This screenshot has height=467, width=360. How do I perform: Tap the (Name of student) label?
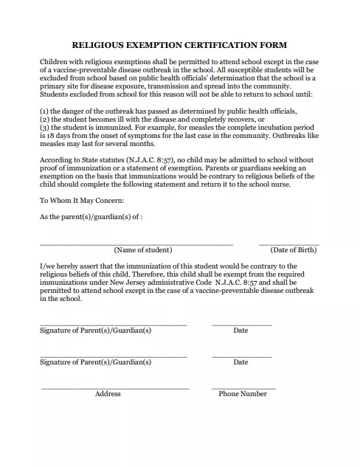pos(142,250)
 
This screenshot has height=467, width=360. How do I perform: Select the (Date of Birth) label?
pos(293,250)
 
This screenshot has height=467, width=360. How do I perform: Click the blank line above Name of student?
pos(136,244)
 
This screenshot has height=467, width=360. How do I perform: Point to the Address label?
pos(108,394)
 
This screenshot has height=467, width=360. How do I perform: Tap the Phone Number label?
pos(243,394)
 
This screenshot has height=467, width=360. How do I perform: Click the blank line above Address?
pos(114,388)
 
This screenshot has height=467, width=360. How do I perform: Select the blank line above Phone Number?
pos(243,388)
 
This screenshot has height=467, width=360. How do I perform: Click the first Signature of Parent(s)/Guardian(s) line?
pos(113,325)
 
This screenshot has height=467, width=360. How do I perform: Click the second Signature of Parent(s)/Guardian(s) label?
pos(95,362)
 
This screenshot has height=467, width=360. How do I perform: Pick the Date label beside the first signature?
pos(240,331)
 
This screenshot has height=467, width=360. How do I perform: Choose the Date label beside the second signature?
pos(240,362)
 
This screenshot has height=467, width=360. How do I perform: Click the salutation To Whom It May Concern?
pos(82,201)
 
